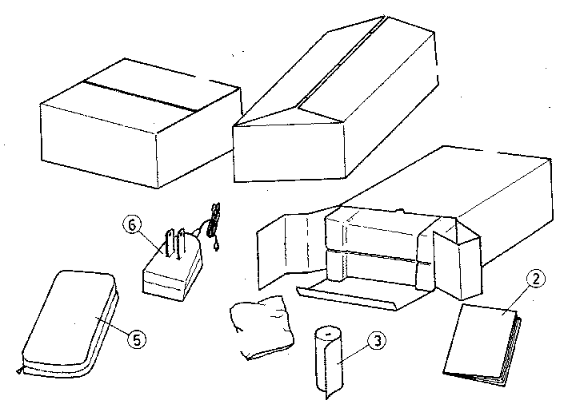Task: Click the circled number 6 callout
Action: tap(132, 224)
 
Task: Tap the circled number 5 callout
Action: tap(137, 339)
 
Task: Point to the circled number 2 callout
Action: tap(536, 279)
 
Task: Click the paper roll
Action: tap(329, 362)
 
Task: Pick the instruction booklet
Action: tap(482, 345)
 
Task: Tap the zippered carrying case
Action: tap(70, 323)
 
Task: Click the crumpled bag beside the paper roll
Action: tap(262, 327)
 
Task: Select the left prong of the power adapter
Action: tap(170, 243)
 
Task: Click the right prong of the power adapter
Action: tap(181, 244)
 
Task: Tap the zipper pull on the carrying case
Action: tap(19, 371)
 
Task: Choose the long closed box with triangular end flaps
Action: tap(335, 99)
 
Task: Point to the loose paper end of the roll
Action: tap(334, 366)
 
